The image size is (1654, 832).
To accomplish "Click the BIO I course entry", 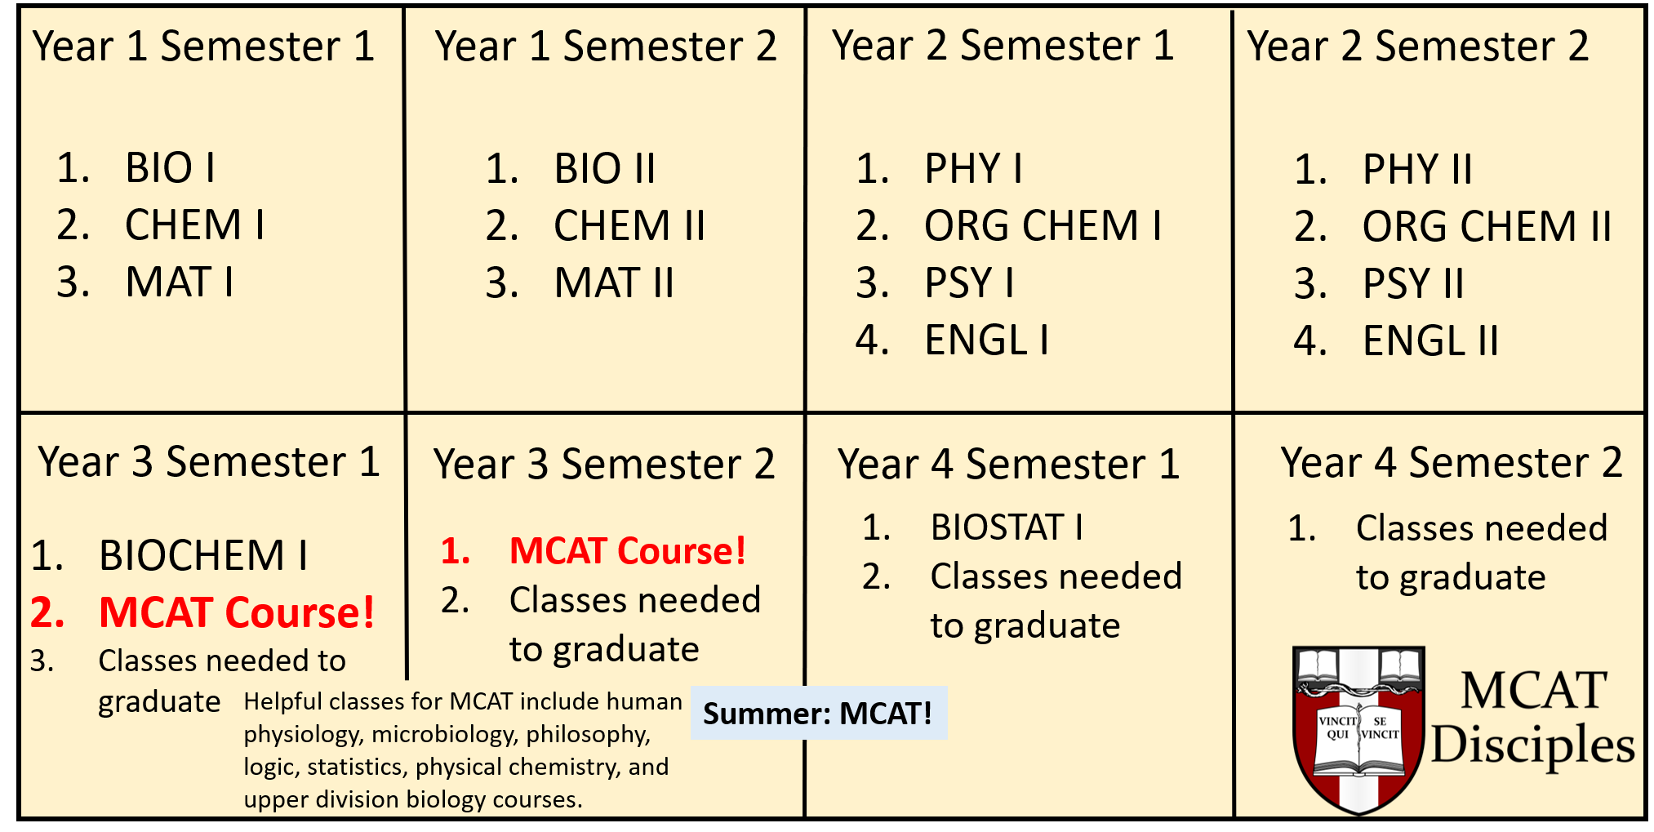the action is (170, 168).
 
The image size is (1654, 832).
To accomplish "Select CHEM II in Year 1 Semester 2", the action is (629, 225).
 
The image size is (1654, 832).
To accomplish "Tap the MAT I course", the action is (180, 283).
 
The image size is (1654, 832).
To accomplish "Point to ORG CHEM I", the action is (1043, 225).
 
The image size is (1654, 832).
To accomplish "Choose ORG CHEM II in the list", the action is (1487, 226).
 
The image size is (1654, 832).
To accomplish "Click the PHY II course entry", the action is (1417, 169).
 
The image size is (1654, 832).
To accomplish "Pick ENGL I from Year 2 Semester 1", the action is (986, 340).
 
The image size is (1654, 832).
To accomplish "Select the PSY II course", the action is (1413, 283).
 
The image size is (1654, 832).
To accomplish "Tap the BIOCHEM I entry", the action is (203, 555).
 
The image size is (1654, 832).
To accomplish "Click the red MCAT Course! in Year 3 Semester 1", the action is (237, 612).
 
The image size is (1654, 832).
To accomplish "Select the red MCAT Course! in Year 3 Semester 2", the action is (628, 550).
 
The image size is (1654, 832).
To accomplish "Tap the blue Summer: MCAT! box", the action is (819, 713).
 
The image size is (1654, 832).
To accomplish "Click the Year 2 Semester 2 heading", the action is (1418, 46).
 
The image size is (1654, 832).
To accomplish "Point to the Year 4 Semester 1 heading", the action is (1009, 464).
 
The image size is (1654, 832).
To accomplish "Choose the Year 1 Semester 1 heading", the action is (203, 46).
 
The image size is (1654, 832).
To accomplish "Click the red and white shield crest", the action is (1358, 729).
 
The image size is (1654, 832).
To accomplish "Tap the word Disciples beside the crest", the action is (1533, 746).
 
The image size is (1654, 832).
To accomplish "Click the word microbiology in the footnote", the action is (442, 734).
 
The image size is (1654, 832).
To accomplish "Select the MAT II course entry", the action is (614, 283).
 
